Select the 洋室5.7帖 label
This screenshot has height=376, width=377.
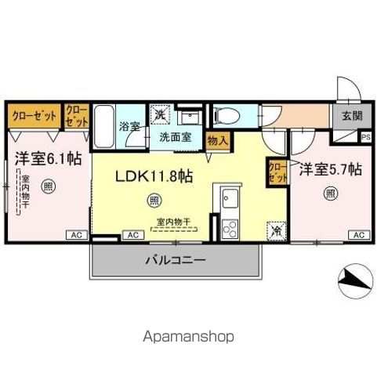[330, 168]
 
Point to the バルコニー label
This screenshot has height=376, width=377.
[173, 260]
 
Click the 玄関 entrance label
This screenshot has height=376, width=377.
[352, 116]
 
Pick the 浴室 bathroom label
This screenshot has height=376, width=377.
[129, 125]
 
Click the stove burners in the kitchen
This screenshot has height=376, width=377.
[231, 228]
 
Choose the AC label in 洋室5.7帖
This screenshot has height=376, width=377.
[357, 235]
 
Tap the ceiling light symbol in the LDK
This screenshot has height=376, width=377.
[152, 201]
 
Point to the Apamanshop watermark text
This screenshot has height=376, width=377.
[188, 337]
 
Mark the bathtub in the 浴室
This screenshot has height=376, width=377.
[105, 125]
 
